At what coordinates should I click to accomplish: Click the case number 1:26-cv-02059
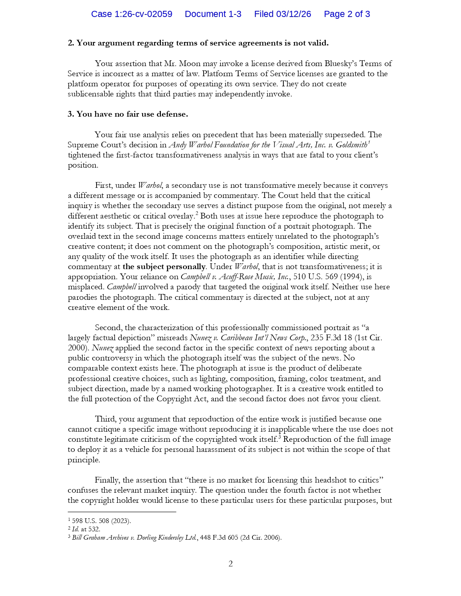tap(132, 14)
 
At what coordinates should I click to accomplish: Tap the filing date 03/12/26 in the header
tap(282, 14)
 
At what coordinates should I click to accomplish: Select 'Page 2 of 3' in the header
tap(347, 14)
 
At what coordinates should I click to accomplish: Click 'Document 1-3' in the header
tap(213, 14)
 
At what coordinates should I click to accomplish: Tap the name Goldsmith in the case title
tap(351, 145)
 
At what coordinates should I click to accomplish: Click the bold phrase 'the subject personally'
tap(164, 267)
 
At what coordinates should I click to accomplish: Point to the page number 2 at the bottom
tap(231, 563)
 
